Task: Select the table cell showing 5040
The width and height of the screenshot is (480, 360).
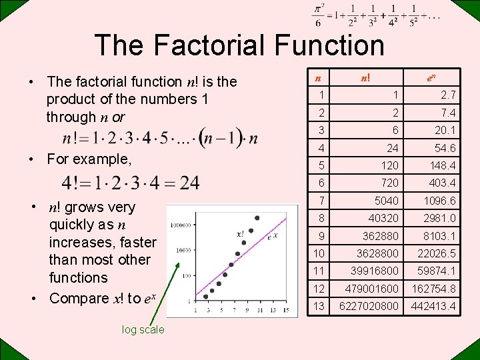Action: tap(387, 201)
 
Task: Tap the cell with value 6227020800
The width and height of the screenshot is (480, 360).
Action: tap(369, 306)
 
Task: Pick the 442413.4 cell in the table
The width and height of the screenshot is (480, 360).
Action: tap(433, 306)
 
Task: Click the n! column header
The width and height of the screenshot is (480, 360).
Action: tap(367, 77)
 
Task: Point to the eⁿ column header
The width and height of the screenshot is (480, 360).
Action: tap(432, 77)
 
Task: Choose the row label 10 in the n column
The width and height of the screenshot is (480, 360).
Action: tap(320, 253)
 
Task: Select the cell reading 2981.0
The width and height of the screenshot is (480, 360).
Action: tap(439, 218)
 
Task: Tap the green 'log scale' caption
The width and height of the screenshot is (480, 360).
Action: tap(143, 329)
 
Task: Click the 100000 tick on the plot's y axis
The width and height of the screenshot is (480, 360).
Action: tap(181, 225)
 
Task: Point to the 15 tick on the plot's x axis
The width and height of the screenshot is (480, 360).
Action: tap(285, 309)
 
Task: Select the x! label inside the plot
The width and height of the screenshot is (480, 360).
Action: tap(240, 234)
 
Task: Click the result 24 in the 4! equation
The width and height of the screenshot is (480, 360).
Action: tap(189, 182)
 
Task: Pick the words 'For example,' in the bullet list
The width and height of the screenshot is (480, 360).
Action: tap(89, 159)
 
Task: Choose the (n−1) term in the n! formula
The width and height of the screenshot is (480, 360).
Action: tap(221, 139)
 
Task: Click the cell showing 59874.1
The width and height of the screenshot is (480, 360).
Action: tap(437, 271)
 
